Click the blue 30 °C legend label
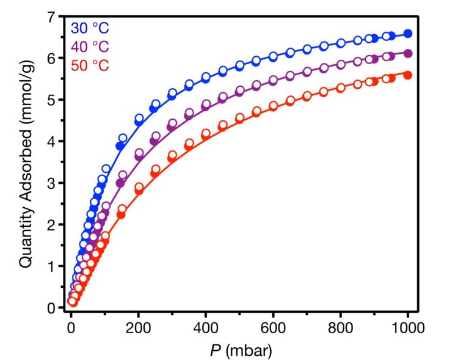point(89,28)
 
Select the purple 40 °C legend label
point(89,46)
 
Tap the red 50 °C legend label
point(89,65)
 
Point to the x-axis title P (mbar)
point(239,351)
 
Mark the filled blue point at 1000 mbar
point(408,34)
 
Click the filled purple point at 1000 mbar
point(408,53)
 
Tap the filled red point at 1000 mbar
point(408,75)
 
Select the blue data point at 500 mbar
point(240,65)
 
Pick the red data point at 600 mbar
point(274,106)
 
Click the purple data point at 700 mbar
point(307,72)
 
